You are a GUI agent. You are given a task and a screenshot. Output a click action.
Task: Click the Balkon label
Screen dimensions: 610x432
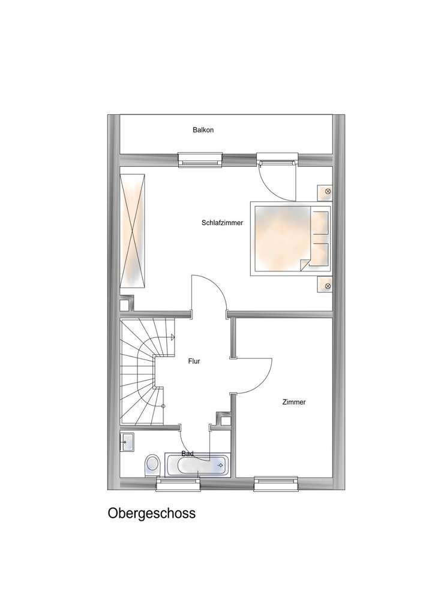click(203, 129)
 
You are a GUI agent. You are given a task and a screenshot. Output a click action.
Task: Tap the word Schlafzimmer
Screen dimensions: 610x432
click(222, 223)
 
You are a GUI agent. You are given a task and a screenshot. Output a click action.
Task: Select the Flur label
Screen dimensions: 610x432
click(194, 361)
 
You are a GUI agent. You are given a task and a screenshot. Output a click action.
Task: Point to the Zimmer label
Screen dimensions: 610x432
click(294, 402)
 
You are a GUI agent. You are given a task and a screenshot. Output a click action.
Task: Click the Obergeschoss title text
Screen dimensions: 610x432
click(152, 514)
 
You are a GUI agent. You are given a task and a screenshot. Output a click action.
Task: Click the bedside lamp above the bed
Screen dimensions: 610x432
click(327, 192)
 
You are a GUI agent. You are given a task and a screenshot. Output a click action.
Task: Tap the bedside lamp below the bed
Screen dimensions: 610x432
click(327, 286)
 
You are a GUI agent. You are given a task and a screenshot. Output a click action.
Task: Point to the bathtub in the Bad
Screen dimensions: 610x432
click(197, 464)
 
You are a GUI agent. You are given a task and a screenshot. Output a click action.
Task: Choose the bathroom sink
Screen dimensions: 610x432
click(127, 442)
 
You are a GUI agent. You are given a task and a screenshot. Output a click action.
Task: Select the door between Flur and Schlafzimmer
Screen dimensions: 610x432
click(209, 294)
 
